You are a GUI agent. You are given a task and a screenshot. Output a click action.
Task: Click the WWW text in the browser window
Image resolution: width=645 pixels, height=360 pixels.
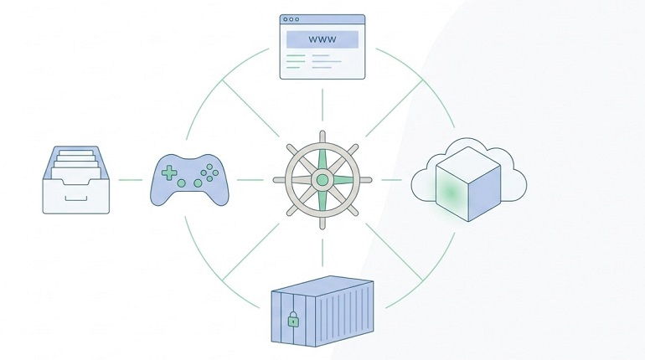point(322,40)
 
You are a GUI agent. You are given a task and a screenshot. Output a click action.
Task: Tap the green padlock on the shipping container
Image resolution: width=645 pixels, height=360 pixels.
point(293,319)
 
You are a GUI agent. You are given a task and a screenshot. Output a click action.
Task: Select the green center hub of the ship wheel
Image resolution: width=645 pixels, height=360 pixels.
point(322,180)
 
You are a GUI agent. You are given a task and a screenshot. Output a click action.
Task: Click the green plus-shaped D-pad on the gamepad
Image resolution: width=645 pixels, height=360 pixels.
point(169,173)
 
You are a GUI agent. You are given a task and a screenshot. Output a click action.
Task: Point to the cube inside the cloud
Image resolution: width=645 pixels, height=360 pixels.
point(468,183)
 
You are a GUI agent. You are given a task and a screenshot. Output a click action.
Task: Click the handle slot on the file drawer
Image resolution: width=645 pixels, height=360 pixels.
point(76,199)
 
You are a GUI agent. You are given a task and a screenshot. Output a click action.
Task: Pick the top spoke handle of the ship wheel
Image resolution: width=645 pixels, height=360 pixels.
point(322,137)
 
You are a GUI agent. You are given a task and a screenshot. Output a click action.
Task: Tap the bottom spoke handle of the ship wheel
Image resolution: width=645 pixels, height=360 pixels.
point(322,223)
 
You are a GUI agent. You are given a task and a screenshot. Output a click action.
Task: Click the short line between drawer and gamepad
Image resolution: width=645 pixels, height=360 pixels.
point(131,180)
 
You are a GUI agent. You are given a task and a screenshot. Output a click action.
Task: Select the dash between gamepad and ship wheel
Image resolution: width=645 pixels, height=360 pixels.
point(250,180)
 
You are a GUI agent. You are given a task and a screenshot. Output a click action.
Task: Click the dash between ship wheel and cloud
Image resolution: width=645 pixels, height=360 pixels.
point(391,180)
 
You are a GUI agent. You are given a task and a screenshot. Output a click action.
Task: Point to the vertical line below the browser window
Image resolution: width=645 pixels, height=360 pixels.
point(322,105)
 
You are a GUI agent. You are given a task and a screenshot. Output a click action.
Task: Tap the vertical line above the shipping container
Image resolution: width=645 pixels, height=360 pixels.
point(322,252)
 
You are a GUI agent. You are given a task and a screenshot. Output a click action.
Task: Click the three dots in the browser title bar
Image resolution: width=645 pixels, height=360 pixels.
point(292,19)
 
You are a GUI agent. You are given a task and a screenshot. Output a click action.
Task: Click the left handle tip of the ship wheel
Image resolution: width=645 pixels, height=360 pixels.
point(276,180)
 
